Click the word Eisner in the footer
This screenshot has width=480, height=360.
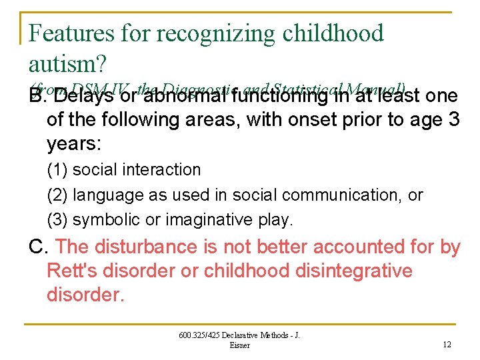(x=239, y=345)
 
